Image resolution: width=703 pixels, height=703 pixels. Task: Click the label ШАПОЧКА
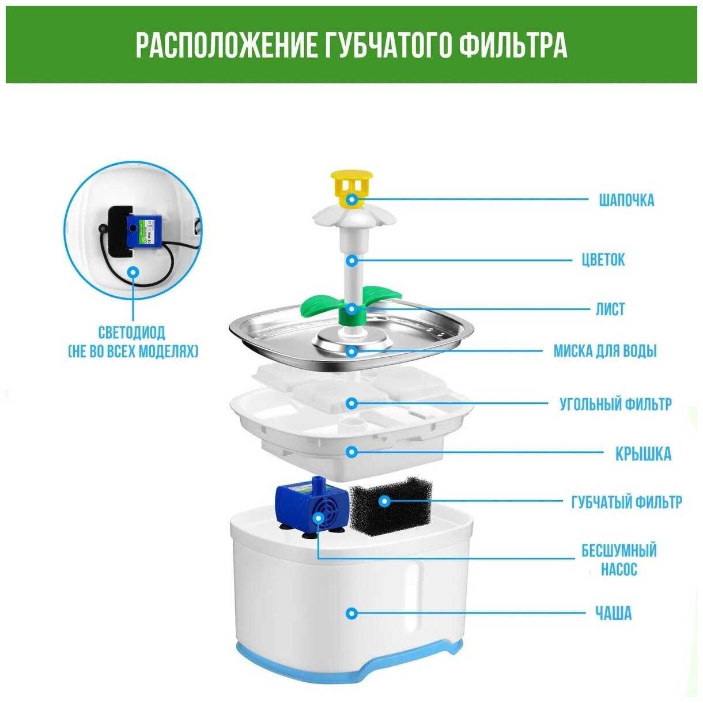626,201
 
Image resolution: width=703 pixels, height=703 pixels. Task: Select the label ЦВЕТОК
603,260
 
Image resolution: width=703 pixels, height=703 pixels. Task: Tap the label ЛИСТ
610,309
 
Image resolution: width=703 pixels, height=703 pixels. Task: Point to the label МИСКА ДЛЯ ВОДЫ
605,351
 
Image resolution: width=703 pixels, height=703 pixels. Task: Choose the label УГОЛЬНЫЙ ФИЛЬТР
615,404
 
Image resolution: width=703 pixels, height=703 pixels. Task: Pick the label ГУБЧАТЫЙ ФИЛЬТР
626,502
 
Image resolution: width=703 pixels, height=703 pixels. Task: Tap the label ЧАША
613,613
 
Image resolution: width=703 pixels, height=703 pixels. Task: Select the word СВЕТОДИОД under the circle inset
132,332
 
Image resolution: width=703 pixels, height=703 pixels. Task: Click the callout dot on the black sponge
383,501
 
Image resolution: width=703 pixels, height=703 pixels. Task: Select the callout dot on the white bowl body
352,613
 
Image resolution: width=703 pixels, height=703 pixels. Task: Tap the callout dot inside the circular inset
134,272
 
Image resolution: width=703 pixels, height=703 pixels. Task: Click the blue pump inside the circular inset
143,230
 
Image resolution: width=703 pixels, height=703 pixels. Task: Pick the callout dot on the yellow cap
352,199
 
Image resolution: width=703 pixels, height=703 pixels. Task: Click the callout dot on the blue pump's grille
319,517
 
